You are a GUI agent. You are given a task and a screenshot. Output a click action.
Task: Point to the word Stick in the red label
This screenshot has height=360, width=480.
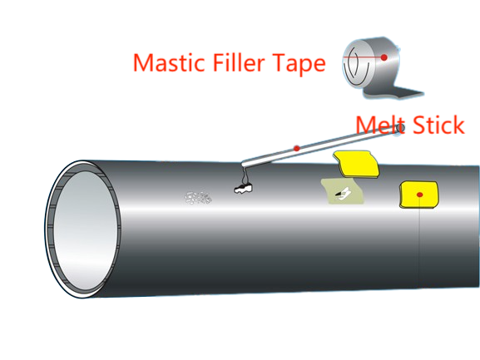[436, 125]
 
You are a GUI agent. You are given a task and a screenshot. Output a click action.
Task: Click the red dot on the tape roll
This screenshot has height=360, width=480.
[384, 57]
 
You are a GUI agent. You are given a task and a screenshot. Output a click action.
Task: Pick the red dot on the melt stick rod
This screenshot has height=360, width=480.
[297, 148]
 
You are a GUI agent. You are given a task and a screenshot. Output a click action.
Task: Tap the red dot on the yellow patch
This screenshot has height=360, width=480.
[421, 195]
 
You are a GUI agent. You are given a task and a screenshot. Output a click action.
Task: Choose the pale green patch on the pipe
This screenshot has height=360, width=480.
[342, 192]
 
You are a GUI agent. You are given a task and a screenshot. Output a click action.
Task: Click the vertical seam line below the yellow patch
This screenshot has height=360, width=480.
[421, 249]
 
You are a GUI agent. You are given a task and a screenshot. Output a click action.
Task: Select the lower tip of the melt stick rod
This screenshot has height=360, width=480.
[243, 164]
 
